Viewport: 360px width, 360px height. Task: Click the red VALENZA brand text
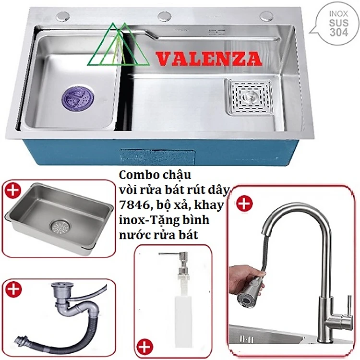[209, 59]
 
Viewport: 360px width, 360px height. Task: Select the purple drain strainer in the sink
[78, 98]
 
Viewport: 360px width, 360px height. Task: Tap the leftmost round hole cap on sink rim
[63, 16]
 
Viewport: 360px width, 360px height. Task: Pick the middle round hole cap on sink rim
[164, 16]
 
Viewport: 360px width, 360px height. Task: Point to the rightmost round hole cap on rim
[266, 16]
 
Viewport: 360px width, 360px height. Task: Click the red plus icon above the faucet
[244, 203]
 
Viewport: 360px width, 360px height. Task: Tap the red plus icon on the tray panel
[12, 190]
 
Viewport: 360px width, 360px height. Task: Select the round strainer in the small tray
[60, 227]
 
